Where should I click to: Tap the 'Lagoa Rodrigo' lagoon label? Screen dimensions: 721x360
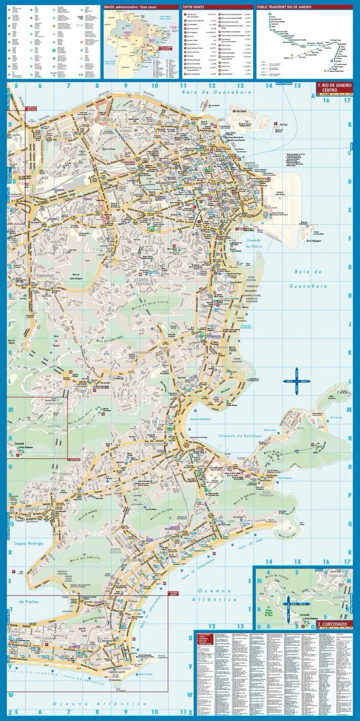coord(29,543)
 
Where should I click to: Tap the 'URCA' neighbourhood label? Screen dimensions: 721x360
coord(300,428)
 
